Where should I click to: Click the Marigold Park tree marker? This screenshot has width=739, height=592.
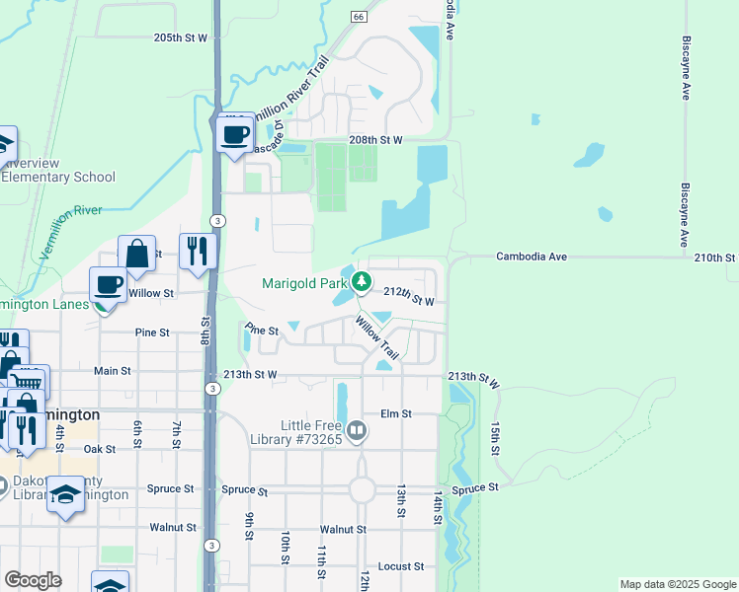362,283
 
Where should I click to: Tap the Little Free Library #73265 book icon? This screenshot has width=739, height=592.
358,430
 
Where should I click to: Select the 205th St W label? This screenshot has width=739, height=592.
181,37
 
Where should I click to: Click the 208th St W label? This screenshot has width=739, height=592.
376,140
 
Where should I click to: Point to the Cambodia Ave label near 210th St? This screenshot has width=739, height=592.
532,257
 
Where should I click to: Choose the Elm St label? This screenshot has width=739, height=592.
396,414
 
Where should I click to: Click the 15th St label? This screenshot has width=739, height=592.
494,437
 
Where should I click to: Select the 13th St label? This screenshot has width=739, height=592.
402,500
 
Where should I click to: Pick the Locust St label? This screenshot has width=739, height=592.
401,567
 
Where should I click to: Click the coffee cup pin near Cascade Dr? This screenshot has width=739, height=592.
234,134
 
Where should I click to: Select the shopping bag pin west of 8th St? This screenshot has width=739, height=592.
137,255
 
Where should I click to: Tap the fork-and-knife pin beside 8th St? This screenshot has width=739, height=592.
198,251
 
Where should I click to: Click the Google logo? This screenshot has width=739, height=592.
33,580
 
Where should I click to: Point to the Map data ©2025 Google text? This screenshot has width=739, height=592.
677,584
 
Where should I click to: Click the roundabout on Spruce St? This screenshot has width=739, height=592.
361,489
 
